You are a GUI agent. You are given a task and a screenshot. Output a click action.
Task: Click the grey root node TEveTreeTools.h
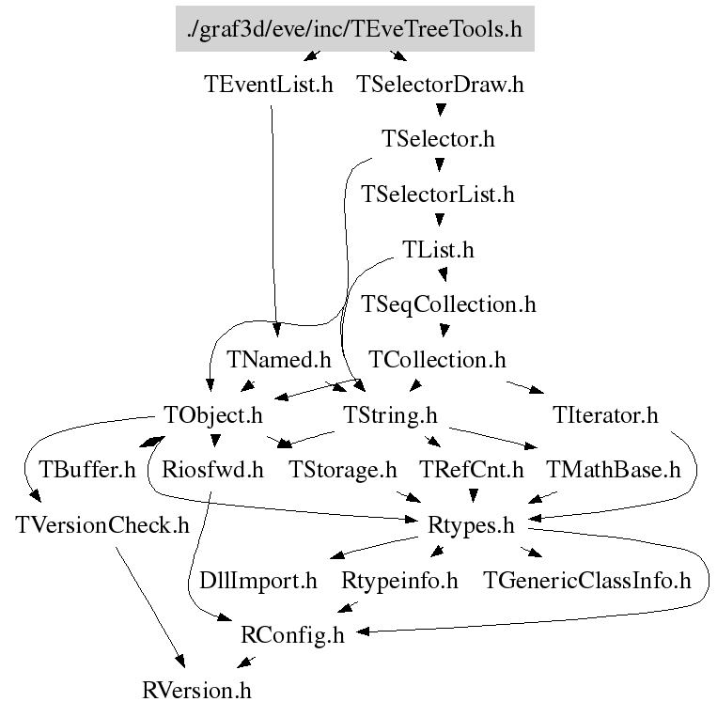tap(354, 29)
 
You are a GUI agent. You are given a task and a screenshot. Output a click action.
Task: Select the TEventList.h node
tap(268, 85)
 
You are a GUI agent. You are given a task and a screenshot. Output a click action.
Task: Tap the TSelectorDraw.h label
tap(440, 85)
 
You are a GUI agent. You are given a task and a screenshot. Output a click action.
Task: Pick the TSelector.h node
tap(438, 139)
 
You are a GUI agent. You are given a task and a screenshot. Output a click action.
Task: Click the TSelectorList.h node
tap(438, 195)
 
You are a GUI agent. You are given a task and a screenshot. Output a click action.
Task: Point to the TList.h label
tap(438, 250)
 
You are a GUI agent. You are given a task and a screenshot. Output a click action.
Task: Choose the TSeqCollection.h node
tap(448, 304)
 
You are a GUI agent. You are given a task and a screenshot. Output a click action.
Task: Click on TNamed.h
tap(279, 360)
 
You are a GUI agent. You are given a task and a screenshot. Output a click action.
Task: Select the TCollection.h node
tap(437, 360)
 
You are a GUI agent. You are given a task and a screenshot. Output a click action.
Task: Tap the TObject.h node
tap(212, 414)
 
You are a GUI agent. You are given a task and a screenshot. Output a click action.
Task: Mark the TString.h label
tap(391, 414)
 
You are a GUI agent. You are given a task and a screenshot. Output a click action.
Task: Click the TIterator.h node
tap(606, 414)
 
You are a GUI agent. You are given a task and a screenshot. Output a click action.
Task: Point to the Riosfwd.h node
tap(212, 470)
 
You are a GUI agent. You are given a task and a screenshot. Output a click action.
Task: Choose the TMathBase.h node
tap(613, 470)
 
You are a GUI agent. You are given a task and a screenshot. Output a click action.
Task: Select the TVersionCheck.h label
tap(102, 525)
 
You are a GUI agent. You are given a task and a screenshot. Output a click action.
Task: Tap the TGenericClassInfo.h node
tap(586, 581)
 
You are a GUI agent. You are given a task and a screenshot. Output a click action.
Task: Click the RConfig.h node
tap(292, 636)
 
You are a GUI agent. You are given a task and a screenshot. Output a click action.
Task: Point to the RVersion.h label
tap(196, 692)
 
